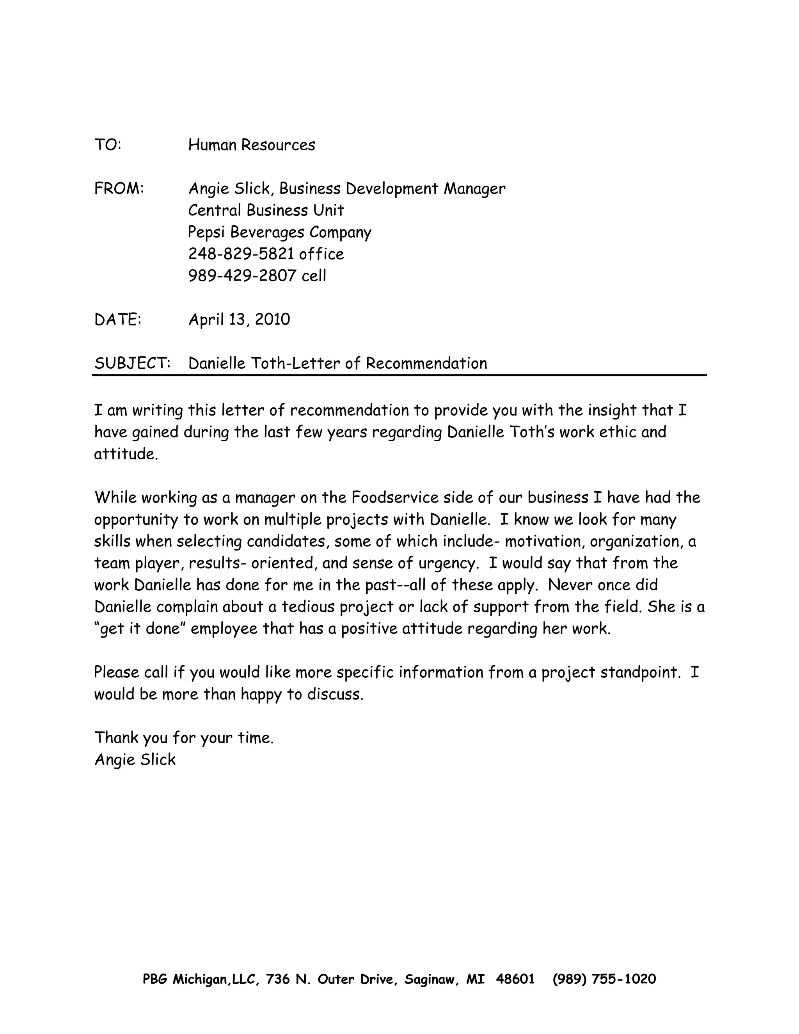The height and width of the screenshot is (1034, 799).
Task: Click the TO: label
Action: pyautogui.click(x=108, y=145)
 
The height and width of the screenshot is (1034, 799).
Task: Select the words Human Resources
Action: pyautogui.click(x=251, y=145)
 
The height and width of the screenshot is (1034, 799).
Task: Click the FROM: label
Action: pyautogui.click(x=119, y=188)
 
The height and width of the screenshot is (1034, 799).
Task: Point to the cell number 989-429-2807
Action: pyautogui.click(x=242, y=276)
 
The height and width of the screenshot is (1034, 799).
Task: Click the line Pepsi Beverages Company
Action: pyautogui.click(x=279, y=233)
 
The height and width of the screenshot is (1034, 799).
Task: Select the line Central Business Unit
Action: pyautogui.click(x=266, y=210)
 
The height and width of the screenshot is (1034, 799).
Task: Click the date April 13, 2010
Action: pyautogui.click(x=239, y=320)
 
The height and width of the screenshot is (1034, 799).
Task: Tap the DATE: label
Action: pyautogui.click(x=118, y=320)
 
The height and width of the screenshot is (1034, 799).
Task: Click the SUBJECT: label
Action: pyautogui.click(x=132, y=363)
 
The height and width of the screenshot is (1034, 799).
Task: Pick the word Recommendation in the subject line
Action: pyautogui.click(x=426, y=363)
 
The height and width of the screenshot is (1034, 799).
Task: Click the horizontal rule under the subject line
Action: pyautogui.click(x=399, y=375)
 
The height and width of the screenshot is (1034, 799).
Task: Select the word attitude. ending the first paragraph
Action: pyautogui.click(x=126, y=454)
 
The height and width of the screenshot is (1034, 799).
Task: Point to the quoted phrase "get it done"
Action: pyautogui.click(x=140, y=629)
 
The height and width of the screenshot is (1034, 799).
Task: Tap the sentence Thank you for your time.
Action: pyautogui.click(x=184, y=737)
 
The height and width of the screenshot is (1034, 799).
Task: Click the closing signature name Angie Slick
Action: pyautogui.click(x=135, y=759)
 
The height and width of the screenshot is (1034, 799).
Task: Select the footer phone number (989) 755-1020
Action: pyautogui.click(x=604, y=979)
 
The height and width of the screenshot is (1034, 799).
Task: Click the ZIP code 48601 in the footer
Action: pyautogui.click(x=515, y=979)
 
